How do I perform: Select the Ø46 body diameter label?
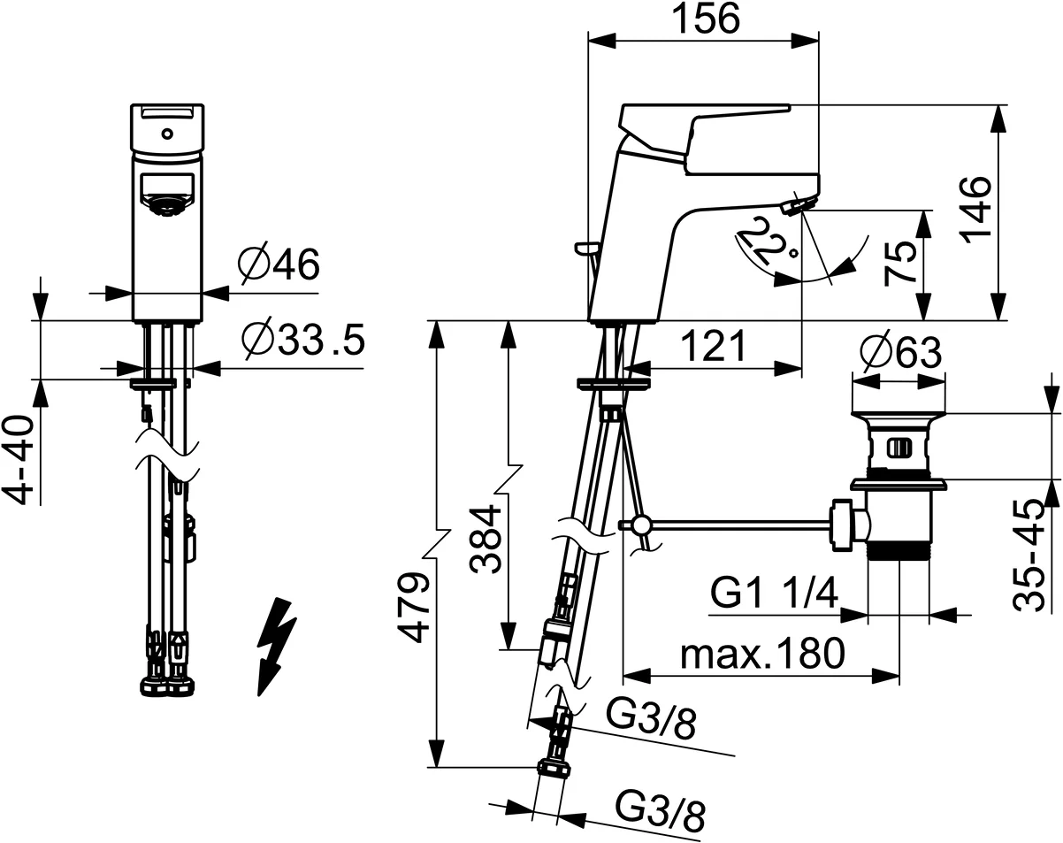pyautogui.click(x=279, y=263)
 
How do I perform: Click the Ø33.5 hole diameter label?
pyautogui.click(x=302, y=341)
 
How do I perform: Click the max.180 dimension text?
pyautogui.click(x=762, y=655)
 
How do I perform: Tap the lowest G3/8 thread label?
pyautogui.click(x=660, y=812)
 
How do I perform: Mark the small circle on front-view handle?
pyautogui.click(x=166, y=134)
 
